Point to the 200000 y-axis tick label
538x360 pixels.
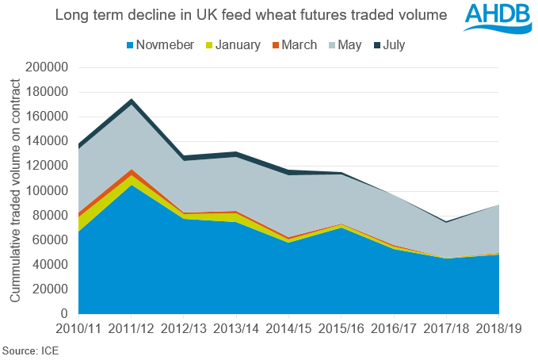48,67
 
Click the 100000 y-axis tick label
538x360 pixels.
48,191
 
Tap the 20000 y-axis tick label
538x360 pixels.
51,289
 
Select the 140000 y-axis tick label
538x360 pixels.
48,141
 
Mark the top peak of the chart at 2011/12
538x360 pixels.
132,101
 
